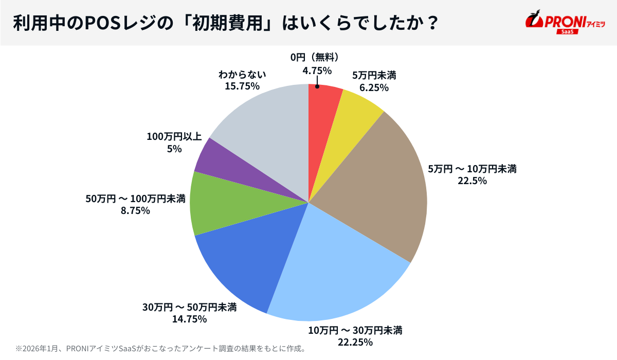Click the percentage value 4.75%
pyautogui.click(x=317, y=70)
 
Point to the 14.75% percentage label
pyautogui.click(x=189, y=319)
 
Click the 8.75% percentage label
pyautogui.click(x=135, y=210)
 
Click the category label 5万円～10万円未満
pyautogui.click(x=472, y=169)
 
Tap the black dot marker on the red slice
pyautogui.click(x=317, y=87)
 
